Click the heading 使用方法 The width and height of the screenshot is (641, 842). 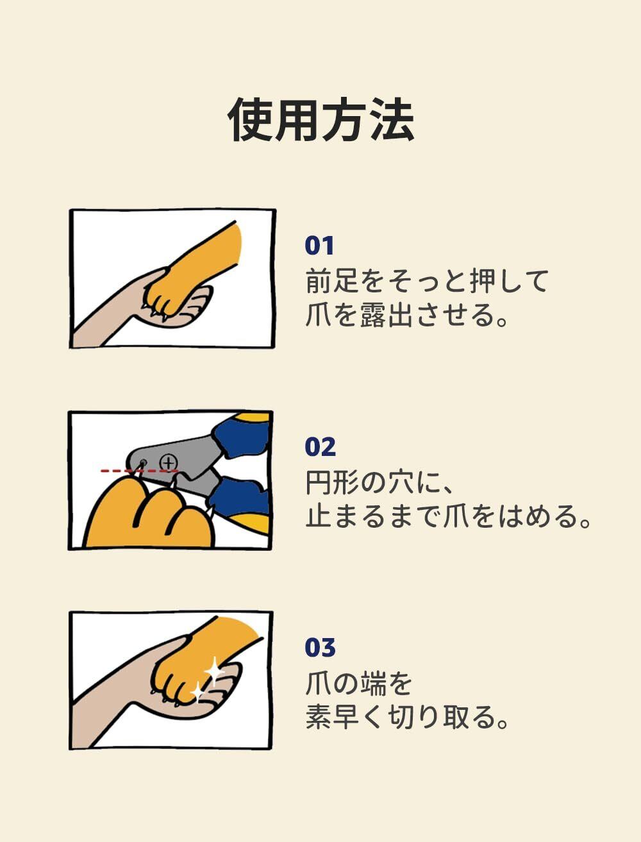click(321, 119)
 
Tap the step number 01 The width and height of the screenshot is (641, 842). click(319, 246)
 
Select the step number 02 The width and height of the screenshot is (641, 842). click(320, 446)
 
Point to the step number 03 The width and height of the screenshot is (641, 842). click(320, 648)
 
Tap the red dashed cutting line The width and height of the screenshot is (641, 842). click(140, 471)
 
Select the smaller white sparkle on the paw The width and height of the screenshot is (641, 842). click(198, 692)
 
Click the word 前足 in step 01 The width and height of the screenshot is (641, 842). click(333, 282)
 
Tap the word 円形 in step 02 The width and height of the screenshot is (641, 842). click(333, 483)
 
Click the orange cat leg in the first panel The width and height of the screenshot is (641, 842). click(199, 265)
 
